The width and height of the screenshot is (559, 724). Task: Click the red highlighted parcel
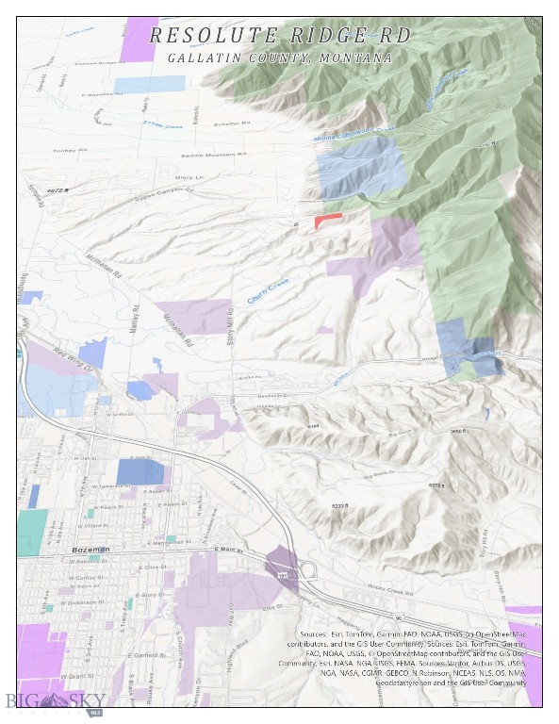326,219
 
